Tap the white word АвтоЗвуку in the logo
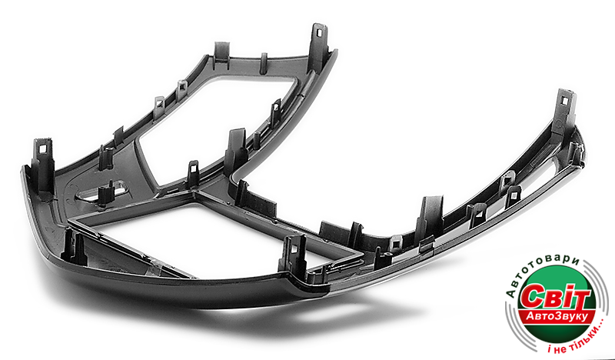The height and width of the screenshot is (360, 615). (557, 316)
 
